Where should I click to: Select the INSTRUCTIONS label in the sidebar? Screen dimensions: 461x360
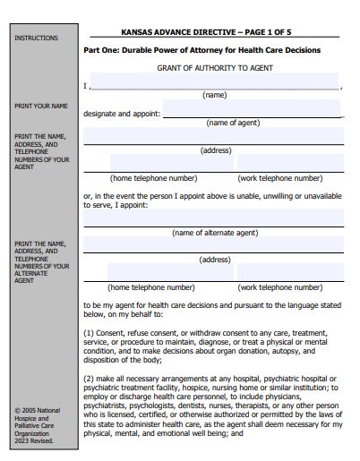[x=37, y=38]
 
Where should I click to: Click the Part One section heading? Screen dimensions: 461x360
[x=201, y=50]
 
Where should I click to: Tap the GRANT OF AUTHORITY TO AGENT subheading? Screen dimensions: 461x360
[x=214, y=68]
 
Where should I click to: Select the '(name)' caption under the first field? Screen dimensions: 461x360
[x=215, y=95]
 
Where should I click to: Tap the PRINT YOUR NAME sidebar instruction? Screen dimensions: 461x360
[x=41, y=106]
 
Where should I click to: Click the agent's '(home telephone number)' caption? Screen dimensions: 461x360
[x=154, y=177]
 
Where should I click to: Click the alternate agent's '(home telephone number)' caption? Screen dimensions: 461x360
[x=151, y=287]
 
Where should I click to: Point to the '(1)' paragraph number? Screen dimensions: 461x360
[x=89, y=332]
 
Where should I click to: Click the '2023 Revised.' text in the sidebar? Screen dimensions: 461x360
[x=34, y=440]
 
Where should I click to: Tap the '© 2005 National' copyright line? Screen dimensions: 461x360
[x=38, y=411]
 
